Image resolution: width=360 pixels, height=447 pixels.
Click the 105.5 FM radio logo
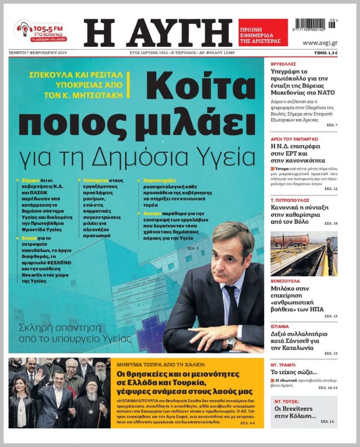[x=40, y=31]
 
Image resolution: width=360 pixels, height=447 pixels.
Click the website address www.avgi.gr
[x=319, y=43]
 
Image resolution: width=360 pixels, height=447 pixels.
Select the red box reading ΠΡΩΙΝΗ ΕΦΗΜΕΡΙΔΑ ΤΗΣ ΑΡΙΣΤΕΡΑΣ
[x=263, y=32]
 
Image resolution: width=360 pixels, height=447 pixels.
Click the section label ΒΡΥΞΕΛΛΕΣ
[x=283, y=64]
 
